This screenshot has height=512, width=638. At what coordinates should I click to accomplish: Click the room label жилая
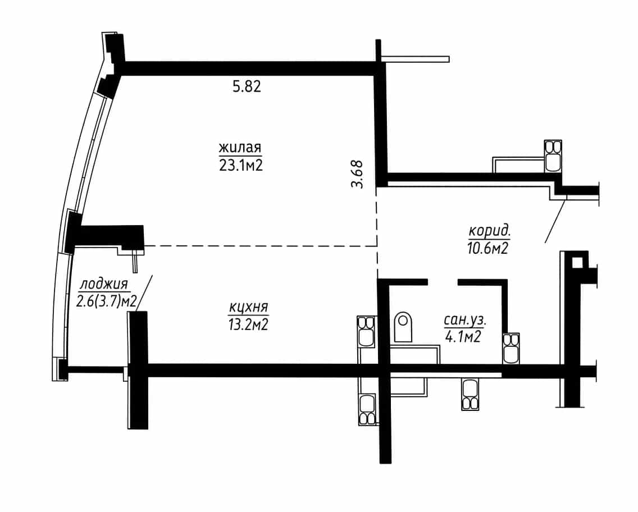[x=240, y=147]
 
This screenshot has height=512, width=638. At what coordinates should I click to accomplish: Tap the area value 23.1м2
[x=241, y=165]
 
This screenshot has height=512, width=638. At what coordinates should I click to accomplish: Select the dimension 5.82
[x=247, y=86]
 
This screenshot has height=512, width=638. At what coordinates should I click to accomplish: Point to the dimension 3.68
[x=357, y=174]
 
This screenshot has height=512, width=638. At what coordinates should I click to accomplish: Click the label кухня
[x=249, y=307]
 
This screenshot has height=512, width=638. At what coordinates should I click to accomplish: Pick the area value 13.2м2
[x=248, y=324]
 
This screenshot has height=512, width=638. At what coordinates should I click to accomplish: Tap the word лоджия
[x=104, y=284]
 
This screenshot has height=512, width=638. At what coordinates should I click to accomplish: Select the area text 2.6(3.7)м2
[x=106, y=302]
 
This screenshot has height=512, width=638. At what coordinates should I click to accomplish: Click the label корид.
[x=490, y=231]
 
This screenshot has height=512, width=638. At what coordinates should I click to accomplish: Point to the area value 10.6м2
[x=488, y=248]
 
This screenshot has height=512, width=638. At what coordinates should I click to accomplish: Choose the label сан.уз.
[x=465, y=321]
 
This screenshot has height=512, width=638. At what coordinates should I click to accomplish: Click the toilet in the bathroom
[x=403, y=327]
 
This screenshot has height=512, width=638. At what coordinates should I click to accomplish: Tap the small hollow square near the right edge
[x=577, y=263]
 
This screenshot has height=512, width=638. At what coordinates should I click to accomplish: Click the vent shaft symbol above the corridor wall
[x=553, y=156]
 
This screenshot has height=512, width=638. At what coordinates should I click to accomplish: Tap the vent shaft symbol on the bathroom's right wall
[x=511, y=349]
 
